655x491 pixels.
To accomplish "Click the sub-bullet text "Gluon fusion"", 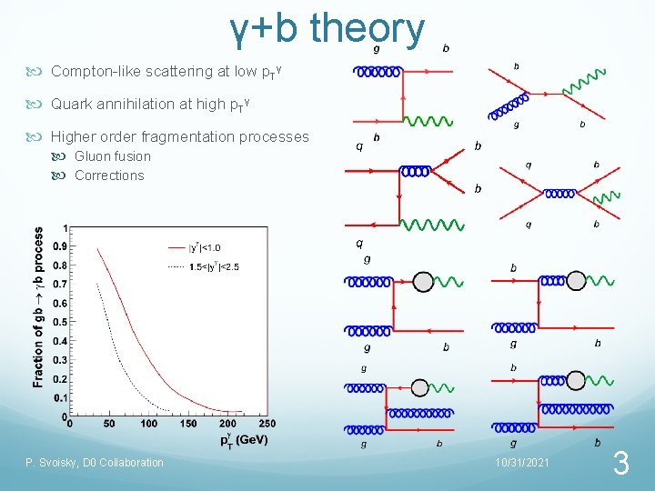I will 113,156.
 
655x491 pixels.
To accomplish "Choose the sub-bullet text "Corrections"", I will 109,175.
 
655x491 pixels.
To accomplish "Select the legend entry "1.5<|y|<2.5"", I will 214,266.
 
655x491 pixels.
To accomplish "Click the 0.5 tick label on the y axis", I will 58,322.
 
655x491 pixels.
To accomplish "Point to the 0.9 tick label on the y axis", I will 58,246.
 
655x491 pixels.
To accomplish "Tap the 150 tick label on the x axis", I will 188,425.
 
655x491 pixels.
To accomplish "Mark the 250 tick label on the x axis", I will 267,425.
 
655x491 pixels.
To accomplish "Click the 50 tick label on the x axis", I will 110,425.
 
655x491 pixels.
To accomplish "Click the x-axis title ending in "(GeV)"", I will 243,440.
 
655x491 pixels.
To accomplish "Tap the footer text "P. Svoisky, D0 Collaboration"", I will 95,463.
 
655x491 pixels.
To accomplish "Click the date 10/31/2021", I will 521,463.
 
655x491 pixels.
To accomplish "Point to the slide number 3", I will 621,465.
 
